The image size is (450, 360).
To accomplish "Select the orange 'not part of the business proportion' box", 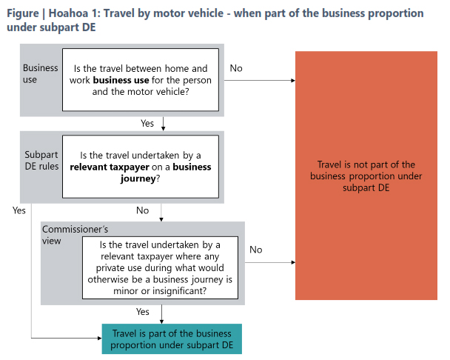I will [366, 176].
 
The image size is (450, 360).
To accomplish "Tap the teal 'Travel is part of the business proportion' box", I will [172, 340].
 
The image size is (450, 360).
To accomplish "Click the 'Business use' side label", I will [40, 73].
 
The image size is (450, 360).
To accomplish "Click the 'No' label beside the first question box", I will [236, 68].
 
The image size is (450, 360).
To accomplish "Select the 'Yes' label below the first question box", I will [147, 123].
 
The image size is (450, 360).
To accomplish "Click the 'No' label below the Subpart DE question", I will [143, 210].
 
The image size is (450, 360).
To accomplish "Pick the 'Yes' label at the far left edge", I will [19, 210].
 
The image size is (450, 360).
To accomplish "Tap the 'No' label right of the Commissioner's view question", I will [255, 250].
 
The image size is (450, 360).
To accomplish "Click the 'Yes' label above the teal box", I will [144, 312].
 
